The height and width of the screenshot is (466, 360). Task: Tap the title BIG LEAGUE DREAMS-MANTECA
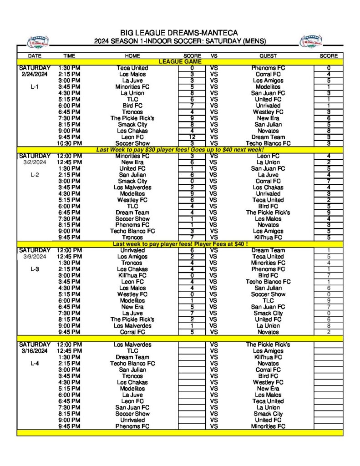click(180, 33)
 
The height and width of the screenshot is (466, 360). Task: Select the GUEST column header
click(268, 56)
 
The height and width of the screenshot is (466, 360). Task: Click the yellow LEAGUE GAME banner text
click(180, 61)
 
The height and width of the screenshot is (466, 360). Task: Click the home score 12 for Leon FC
click(192, 137)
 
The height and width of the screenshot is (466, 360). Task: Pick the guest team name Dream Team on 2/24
click(268, 137)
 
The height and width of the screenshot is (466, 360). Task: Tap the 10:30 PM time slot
click(69, 143)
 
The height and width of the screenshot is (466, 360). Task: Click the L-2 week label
click(34, 175)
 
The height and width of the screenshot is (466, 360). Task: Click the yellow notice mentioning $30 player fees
click(180, 150)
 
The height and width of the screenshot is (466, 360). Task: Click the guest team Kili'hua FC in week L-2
click(268, 238)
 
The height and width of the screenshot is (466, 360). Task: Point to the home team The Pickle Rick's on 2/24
click(132, 118)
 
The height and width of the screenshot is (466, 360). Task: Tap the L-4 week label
click(34, 364)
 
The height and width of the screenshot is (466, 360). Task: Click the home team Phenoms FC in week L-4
click(132, 426)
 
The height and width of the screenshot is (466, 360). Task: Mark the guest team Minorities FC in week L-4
click(268, 426)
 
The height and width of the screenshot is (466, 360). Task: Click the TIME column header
click(69, 56)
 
